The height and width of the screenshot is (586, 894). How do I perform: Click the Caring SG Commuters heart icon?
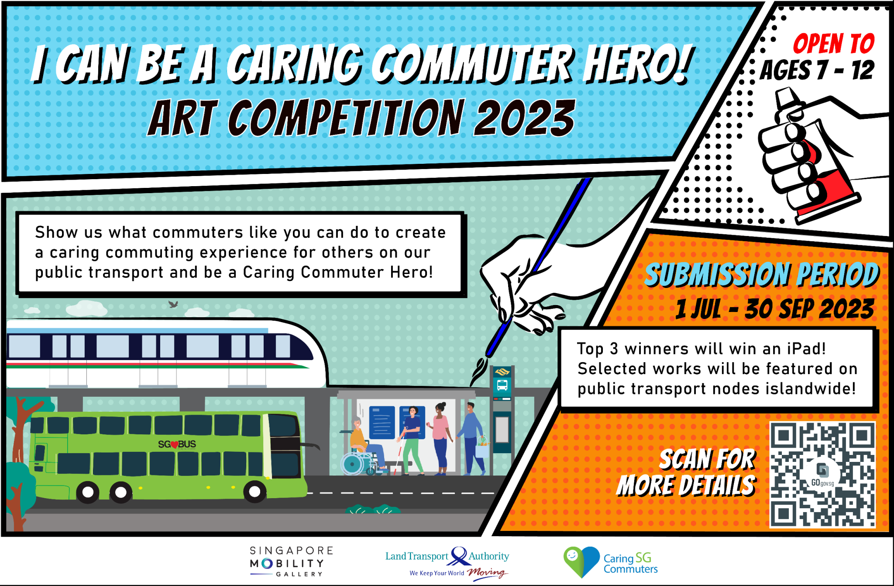[x=581, y=561]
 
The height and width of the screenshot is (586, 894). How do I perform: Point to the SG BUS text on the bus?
[x=177, y=444]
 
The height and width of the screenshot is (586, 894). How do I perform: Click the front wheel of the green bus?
[x=254, y=492]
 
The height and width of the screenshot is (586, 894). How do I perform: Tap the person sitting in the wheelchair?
[x=359, y=441]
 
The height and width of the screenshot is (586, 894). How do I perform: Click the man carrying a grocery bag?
[x=471, y=437]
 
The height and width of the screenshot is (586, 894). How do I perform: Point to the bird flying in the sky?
[x=173, y=304]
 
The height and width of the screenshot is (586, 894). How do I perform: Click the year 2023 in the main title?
[x=524, y=118]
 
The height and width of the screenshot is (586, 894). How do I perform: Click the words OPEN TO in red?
[x=833, y=44]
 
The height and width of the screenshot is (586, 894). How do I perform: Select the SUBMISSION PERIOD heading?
[x=762, y=275]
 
